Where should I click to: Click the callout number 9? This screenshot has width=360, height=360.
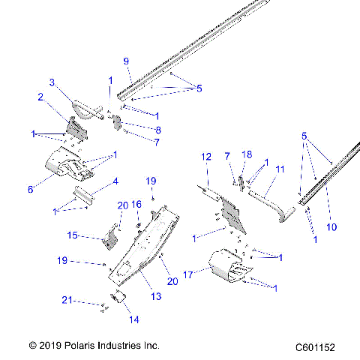[126, 61]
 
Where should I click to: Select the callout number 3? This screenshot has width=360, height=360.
[52, 82]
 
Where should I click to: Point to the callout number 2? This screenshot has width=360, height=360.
[40, 97]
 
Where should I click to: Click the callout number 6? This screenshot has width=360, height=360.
[31, 190]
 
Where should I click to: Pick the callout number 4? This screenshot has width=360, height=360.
[115, 181]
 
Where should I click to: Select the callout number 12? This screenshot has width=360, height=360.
[206, 157]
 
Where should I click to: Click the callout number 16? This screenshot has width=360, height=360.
[136, 204]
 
